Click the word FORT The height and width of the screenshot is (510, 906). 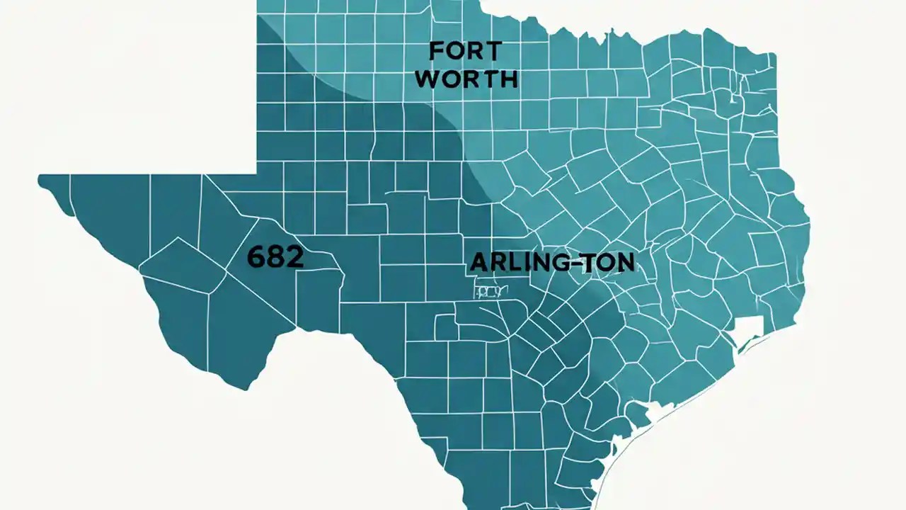(x=465, y=51)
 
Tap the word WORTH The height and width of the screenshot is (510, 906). (x=466, y=79)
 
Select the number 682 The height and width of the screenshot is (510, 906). (x=275, y=257)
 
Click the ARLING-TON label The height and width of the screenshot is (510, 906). (x=552, y=263)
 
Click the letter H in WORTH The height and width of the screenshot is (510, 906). (x=508, y=79)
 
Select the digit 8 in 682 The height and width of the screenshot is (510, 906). (x=275, y=257)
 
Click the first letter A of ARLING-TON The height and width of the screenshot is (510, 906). (x=478, y=263)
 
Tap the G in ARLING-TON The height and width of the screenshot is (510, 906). (x=556, y=263)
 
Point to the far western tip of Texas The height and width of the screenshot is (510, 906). (x=41, y=179)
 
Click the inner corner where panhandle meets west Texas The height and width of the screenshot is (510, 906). (x=256, y=173)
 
